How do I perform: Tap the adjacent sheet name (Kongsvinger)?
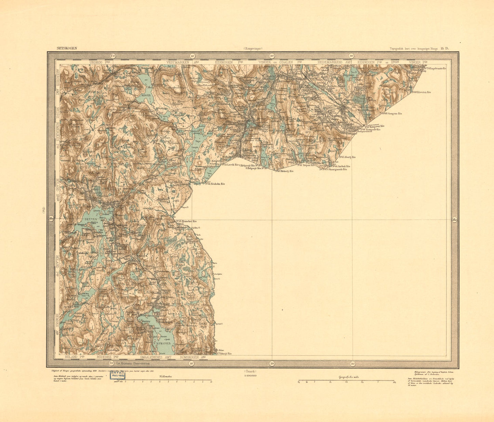pyautogui.click(x=253, y=49)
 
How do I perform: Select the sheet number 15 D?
pyautogui.click(x=444, y=49)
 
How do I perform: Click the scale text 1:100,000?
pyautogui.click(x=250, y=375)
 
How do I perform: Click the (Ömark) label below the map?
pyautogui.click(x=250, y=371)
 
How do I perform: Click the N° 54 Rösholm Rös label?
pyautogui.click(x=215, y=184)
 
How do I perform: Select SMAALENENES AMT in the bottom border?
pyautogui.click(x=155, y=357)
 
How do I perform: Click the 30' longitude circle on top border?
pyautogui.click(x=351, y=56)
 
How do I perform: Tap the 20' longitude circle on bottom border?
pyautogui.click(x=272, y=363)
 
